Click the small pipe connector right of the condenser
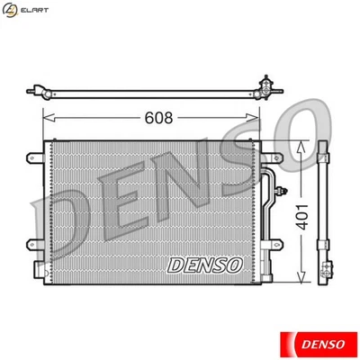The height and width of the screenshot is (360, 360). [x=283, y=190]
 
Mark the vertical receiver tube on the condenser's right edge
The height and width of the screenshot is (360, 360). [x=267, y=216]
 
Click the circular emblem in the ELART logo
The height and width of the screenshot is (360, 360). [x=10, y=9]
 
